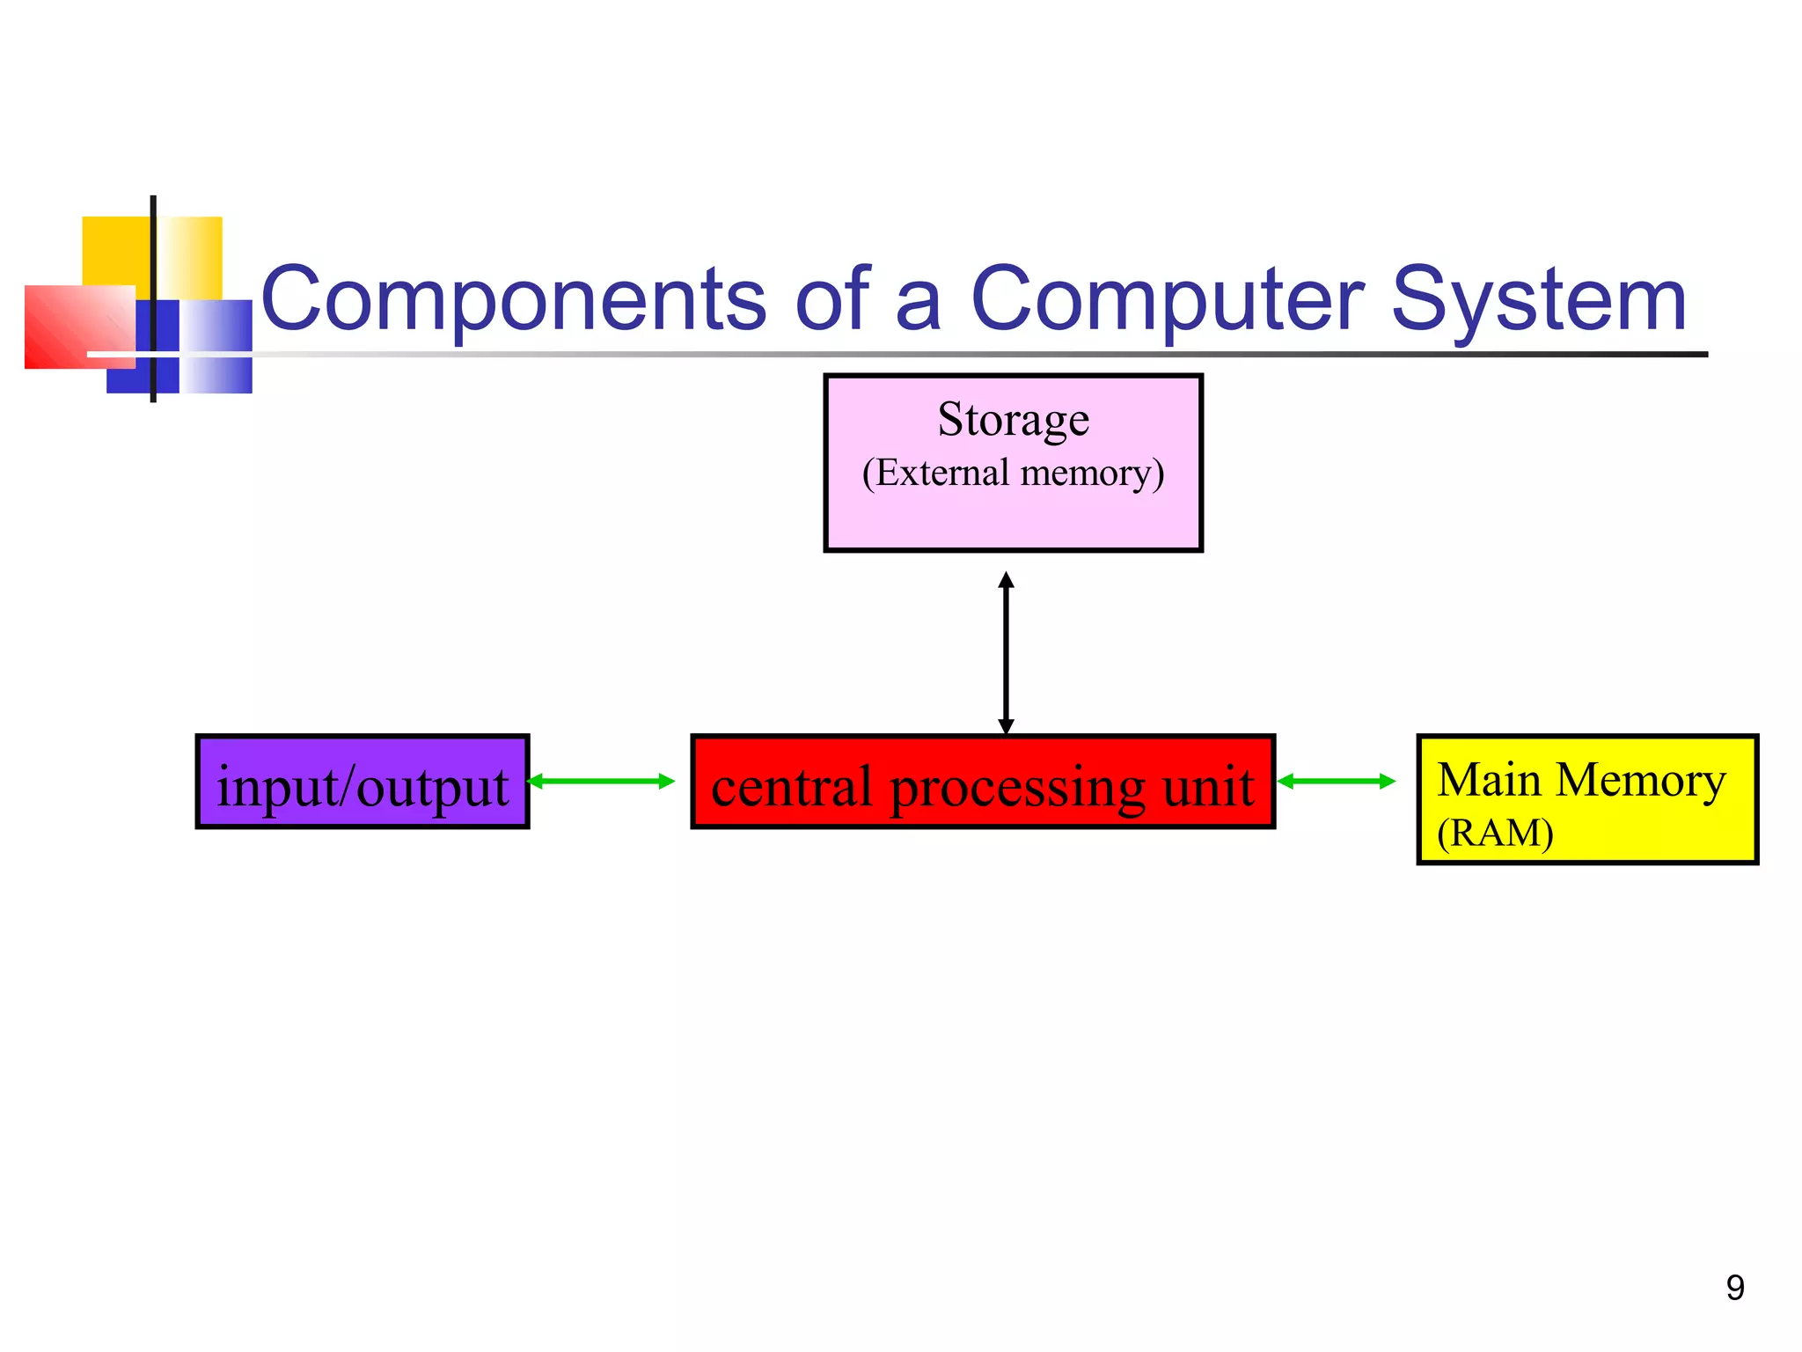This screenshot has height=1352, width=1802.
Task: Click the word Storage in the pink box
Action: coord(1013,419)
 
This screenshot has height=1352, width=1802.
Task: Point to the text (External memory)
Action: coord(1013,474)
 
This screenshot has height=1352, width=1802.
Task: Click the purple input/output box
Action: coord(363,782)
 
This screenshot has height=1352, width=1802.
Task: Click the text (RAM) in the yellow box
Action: coord(1494,833)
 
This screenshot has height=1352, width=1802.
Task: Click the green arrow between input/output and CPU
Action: coord(601,781)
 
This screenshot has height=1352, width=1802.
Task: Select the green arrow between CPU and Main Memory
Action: coord(1336,781)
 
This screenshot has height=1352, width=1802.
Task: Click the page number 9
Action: coord(1734,1288)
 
